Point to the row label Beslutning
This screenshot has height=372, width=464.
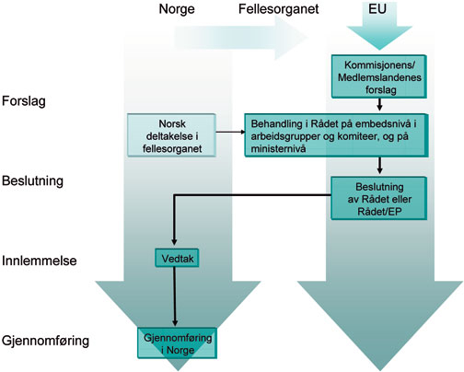coord(33,180)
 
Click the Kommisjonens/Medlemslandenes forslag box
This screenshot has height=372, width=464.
coord(378,76)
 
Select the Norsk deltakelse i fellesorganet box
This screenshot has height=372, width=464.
coord(171,135)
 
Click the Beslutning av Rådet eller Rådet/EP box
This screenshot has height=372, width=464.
coord(378,195)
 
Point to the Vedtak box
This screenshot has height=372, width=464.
coord(171,259)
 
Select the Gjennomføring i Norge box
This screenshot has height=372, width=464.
coord(171,340)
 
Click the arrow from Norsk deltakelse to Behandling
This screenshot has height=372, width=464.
coord(229,135)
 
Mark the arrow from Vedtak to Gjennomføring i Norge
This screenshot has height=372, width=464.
coord(171,297)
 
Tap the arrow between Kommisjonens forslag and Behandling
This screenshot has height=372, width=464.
coord(378,105)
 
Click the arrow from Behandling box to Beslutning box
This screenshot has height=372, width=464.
coord(378,166)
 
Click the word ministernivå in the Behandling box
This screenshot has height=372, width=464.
coord(283,148)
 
